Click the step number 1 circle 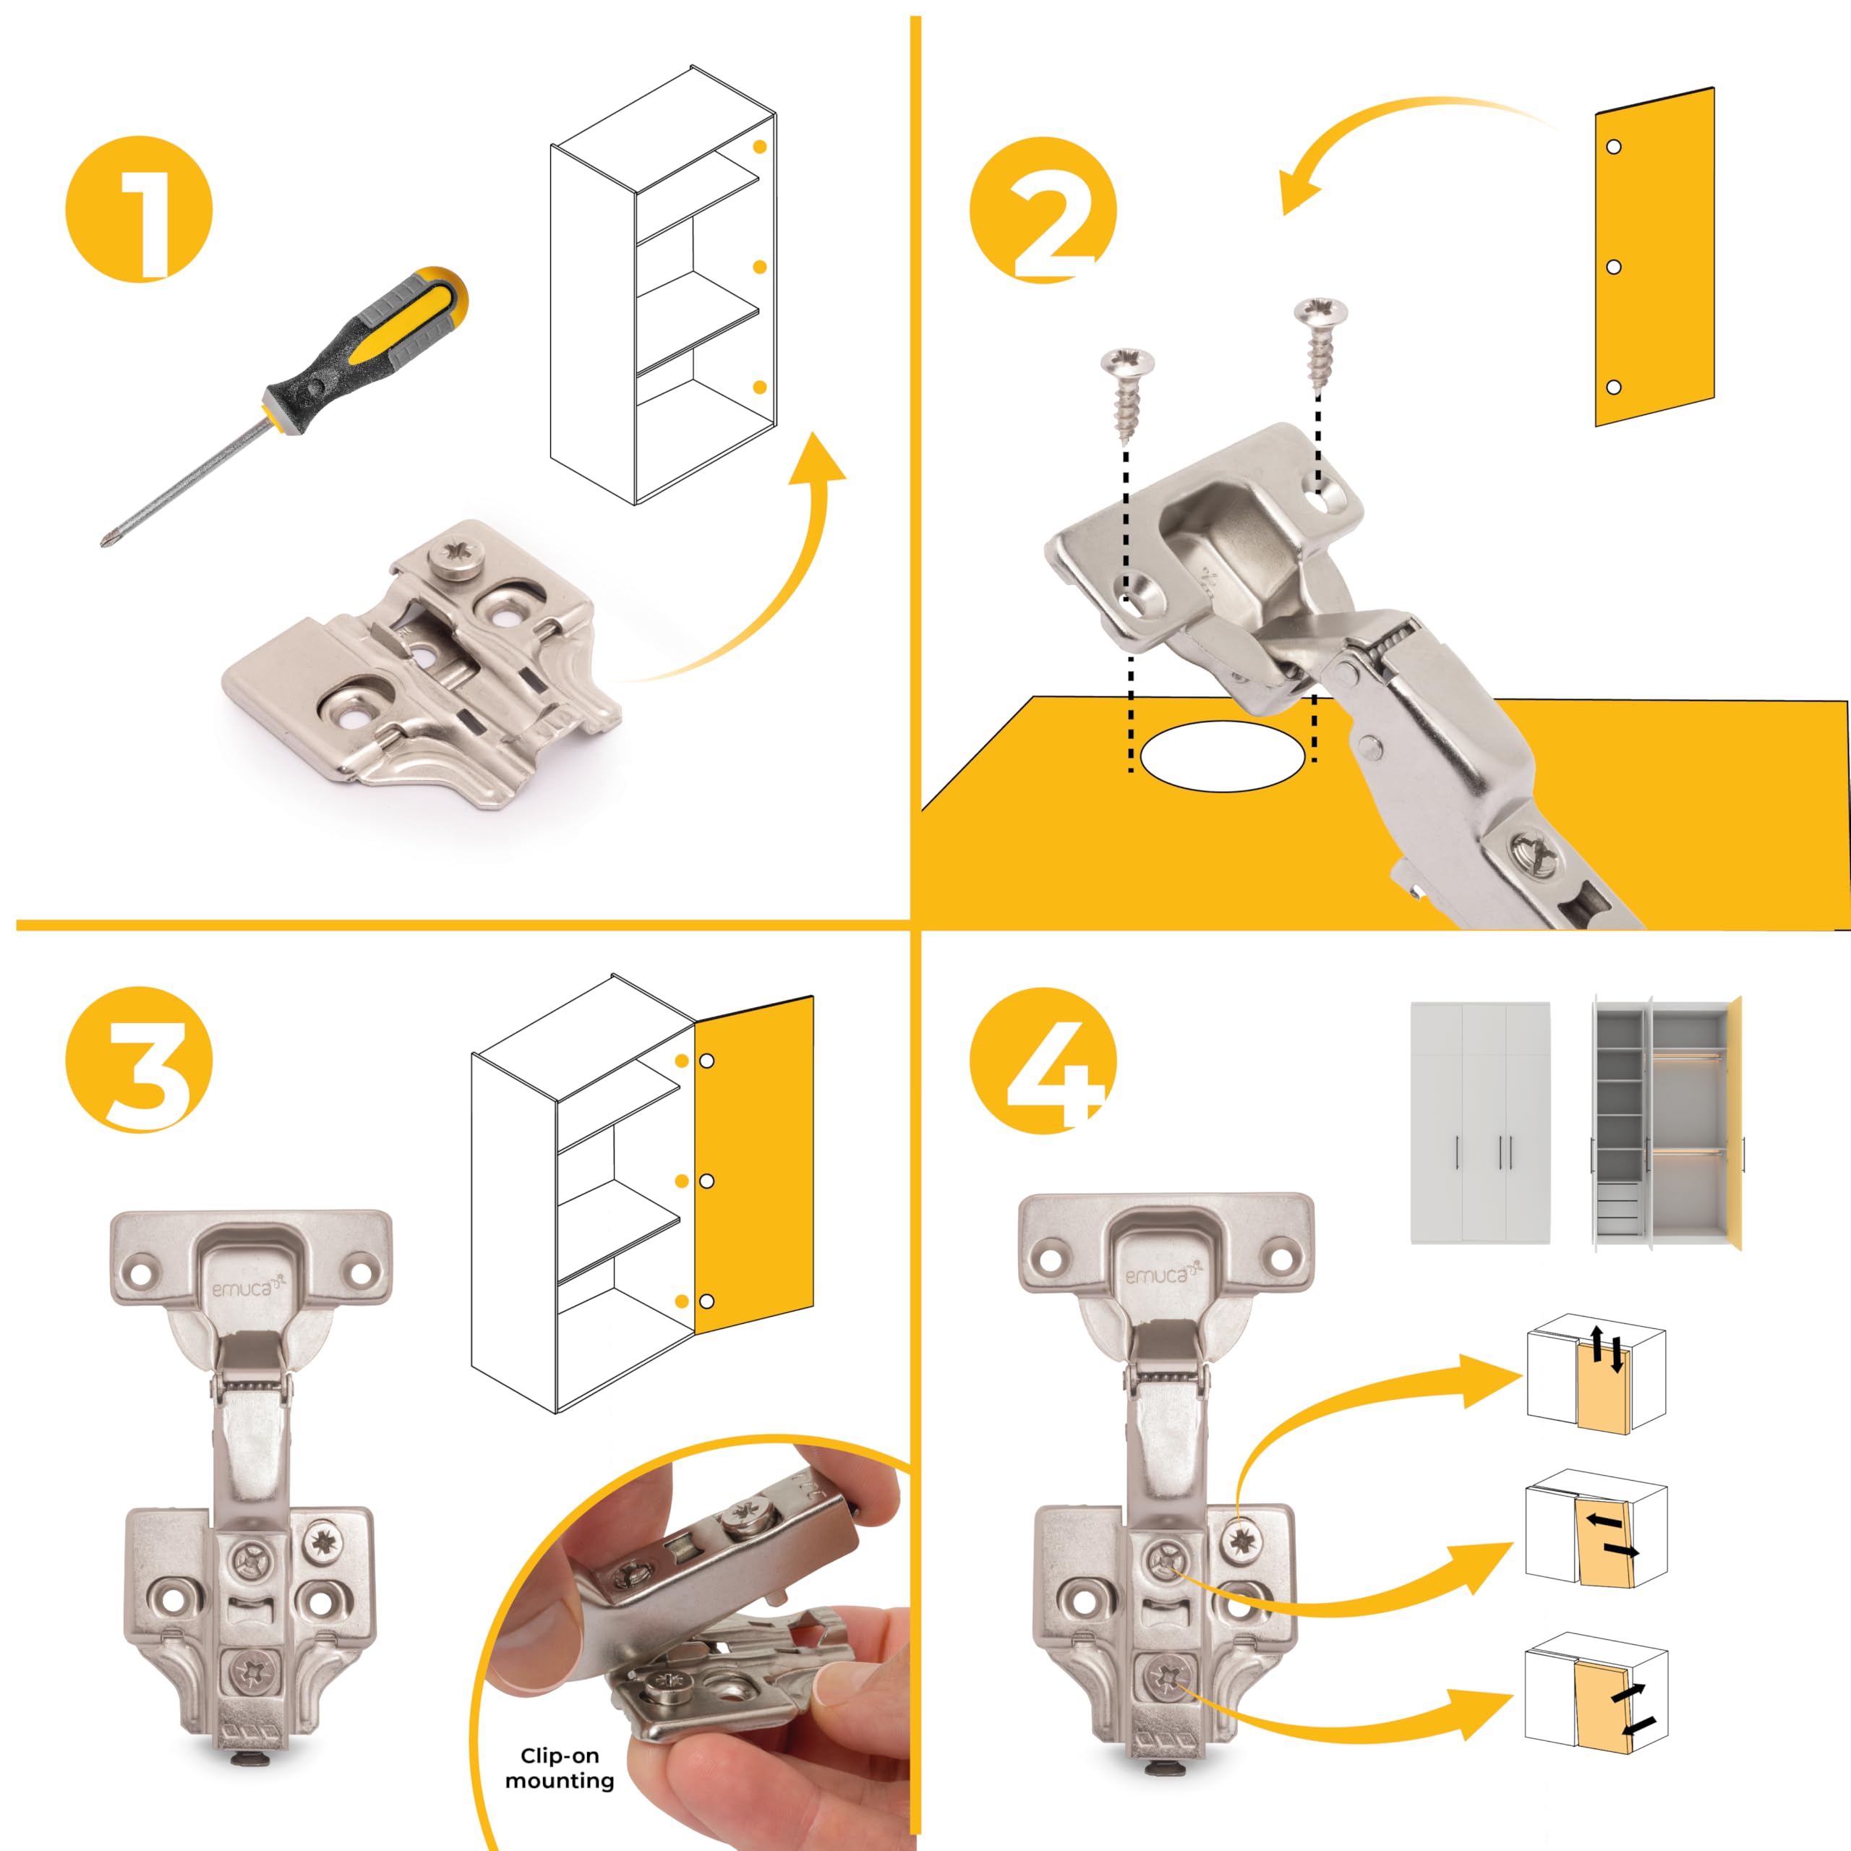pos(139,209)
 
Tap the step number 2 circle pos(1043,209)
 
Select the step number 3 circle pos(139,1061)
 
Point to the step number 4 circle pos(1043,1061)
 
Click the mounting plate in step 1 pos(422,663)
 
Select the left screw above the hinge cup pos(1127,395)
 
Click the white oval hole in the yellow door pos(1221,755)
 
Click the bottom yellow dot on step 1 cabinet pos(760,387)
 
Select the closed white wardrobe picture pos(1480,1122)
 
